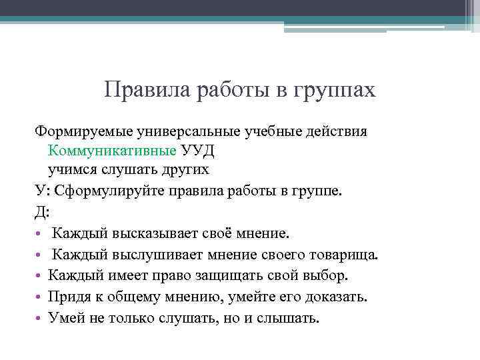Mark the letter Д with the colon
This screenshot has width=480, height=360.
(x=41, y=211)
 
